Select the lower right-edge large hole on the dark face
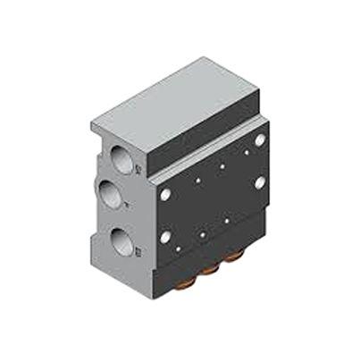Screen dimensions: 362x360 (259, 182)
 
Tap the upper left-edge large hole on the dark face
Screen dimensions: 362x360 (165, 193)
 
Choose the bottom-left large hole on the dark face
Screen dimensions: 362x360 (165, 238)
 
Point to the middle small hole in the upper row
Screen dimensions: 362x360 (221, 166)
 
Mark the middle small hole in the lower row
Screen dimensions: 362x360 (204, 235)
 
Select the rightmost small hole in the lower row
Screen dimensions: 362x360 (228, 220)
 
